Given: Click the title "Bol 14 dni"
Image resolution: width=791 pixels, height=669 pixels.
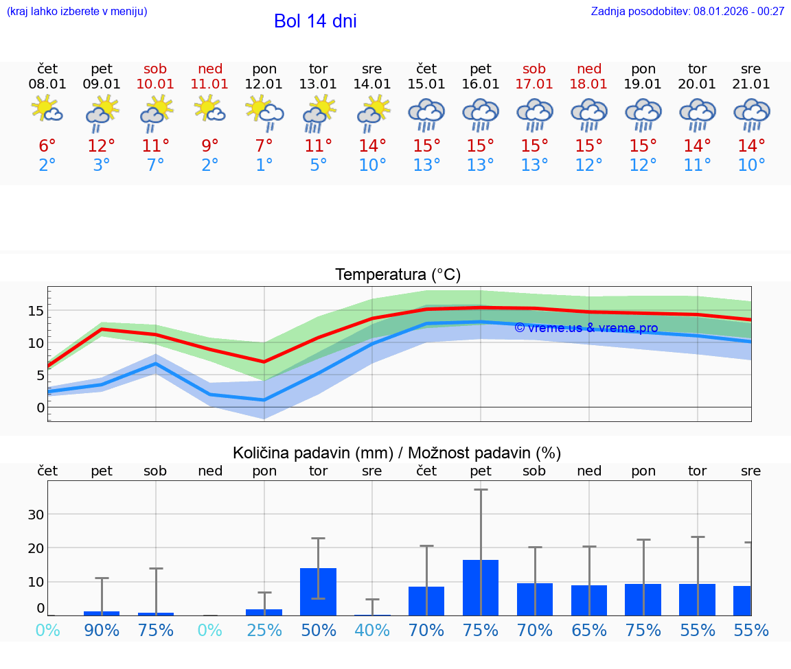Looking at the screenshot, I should click(x=315, y=21).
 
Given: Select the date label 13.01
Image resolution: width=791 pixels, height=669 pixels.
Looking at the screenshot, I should click(x=318, y=84).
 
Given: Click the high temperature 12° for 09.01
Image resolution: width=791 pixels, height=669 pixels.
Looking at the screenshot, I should click(x=102, y=146).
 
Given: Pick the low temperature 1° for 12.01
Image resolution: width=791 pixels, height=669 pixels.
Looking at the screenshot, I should click(x=264, y=165).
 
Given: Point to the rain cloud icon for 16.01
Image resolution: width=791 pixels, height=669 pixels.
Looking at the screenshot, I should click(x=481, y=114).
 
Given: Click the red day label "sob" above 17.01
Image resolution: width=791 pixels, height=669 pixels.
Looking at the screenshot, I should click(x=534, y=69).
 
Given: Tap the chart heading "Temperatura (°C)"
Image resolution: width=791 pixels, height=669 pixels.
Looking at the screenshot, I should click(x=398, y=274).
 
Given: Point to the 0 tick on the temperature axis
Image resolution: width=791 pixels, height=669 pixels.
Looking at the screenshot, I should click(x=41, y=408).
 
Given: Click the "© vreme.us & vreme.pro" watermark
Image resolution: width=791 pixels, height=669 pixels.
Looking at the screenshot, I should click(x=586, y=328).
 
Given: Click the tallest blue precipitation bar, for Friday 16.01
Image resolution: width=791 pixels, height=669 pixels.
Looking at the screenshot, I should click(x=481, y=587).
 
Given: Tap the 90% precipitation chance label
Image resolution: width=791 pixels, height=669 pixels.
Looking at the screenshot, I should click(x=102, y=631).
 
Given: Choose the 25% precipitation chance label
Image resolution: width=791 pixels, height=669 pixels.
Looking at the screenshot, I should click(x=264, y=631).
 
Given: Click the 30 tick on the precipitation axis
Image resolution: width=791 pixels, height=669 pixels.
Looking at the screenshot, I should click(x=36, y=515).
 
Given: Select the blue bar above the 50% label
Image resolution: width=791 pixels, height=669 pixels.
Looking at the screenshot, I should click(x=318, y=591).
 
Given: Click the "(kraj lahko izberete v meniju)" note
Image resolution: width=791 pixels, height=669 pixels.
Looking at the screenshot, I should click(x=77, y=11).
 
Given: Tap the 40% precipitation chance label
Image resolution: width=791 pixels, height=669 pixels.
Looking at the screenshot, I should click(x=372, y=631).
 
